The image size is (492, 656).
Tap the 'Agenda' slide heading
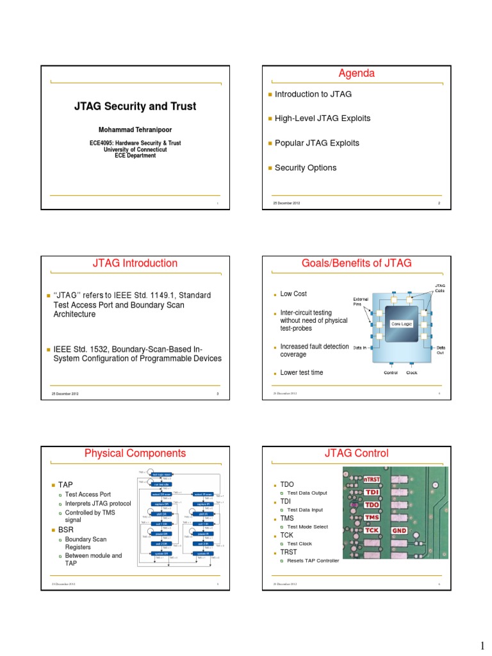tap(357, 74)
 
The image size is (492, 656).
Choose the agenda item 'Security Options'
tap(306, 168)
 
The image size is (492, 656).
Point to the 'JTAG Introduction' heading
tap(135, 263)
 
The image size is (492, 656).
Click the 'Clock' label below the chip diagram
tap(411, 373)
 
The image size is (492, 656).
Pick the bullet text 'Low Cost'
tap(293, 294)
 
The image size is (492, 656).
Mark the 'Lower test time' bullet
tap(302, 373)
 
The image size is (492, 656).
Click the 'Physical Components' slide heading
tap(135, 454)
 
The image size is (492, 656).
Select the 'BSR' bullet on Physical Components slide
tap(66, 530)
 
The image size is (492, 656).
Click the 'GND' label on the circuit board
tap(400, 530)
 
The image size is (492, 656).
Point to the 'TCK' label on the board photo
tap(373, 530)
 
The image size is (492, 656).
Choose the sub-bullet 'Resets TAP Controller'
tap(313, 561)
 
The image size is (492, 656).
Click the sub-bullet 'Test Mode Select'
tap(307, 527)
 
